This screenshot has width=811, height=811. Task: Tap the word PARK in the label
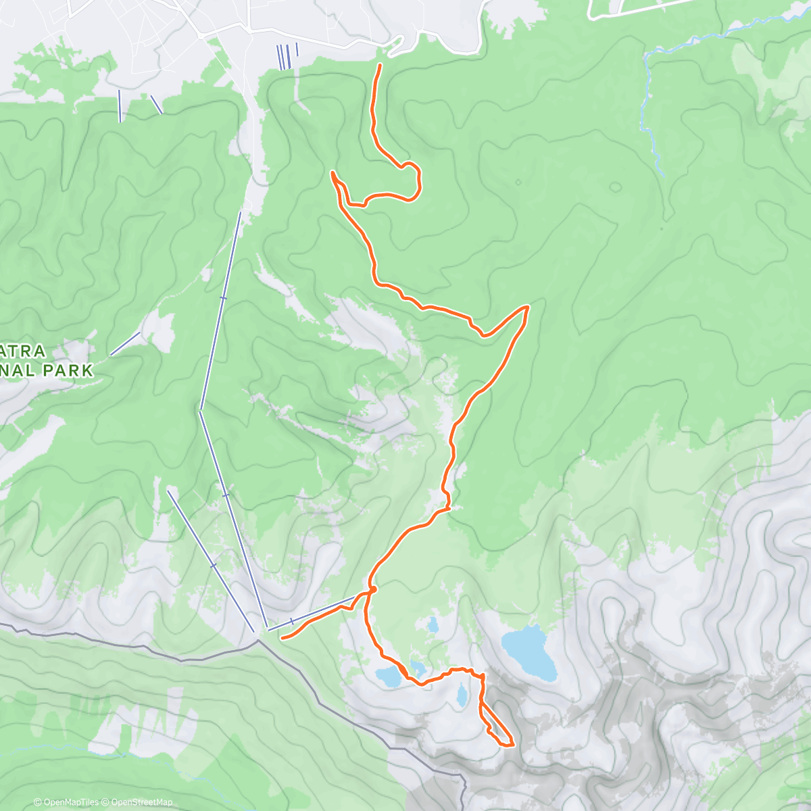coord(67,370)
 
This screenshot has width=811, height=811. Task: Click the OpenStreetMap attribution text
coord(142,802)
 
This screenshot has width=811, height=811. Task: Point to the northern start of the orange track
coord(380,65)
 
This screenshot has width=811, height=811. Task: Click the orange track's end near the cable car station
coord(282,637)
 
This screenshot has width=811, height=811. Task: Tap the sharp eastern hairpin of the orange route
coord(526,308)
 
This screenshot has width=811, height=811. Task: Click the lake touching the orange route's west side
coord(388,676)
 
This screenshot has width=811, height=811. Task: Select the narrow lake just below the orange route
coord(461,695)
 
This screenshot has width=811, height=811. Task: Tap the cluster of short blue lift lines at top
coord(287,55)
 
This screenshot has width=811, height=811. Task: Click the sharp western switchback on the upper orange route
coord(333,174)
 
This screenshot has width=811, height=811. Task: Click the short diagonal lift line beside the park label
coord(125,343)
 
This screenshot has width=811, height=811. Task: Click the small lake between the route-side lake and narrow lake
coord(418,669)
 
